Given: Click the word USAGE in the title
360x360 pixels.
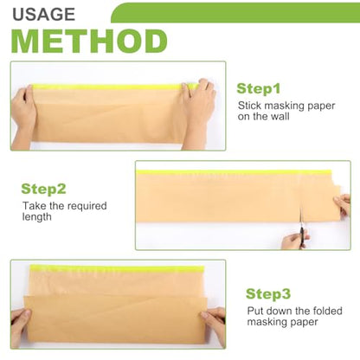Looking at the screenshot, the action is (x=43, y=15).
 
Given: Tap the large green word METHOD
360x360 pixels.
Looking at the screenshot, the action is (x=89, y=41).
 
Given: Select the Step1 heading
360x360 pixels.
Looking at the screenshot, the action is (x=259, y=88).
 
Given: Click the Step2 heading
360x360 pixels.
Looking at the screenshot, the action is (x=43, y=189).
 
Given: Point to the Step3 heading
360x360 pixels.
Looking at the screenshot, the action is (x=268, y=293).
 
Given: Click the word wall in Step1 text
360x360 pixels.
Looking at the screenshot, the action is (x=280, y=117).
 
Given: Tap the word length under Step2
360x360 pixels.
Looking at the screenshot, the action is (x=37, y=217).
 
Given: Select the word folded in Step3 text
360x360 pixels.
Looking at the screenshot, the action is (x=328, y=311).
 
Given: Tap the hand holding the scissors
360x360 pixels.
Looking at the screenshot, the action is (x=293, y=241).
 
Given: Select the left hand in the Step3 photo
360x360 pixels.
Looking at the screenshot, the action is (x=20, y=326).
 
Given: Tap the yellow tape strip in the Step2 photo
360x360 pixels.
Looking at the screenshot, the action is (x=234, y=172).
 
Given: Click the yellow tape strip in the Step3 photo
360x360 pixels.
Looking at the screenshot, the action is (x=117, y=268).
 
